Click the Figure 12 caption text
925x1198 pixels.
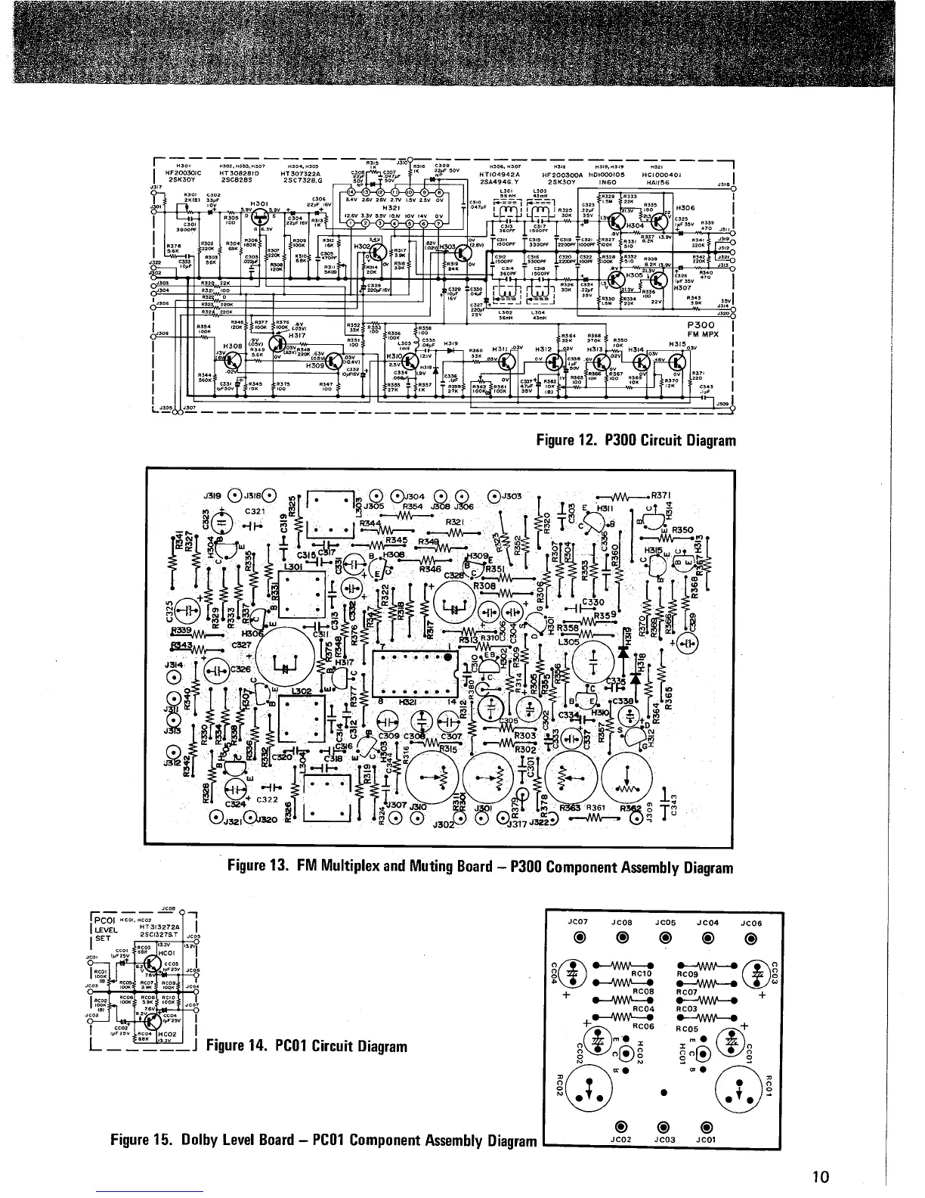[x=636, y=440]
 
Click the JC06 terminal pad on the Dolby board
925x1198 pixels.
[x=750, y=939]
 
